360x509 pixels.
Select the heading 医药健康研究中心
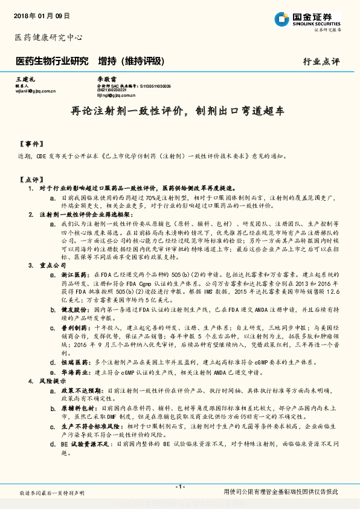click(48, 37)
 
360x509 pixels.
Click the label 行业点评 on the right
click(321, 62)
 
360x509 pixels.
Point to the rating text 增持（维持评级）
click(132, 62)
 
